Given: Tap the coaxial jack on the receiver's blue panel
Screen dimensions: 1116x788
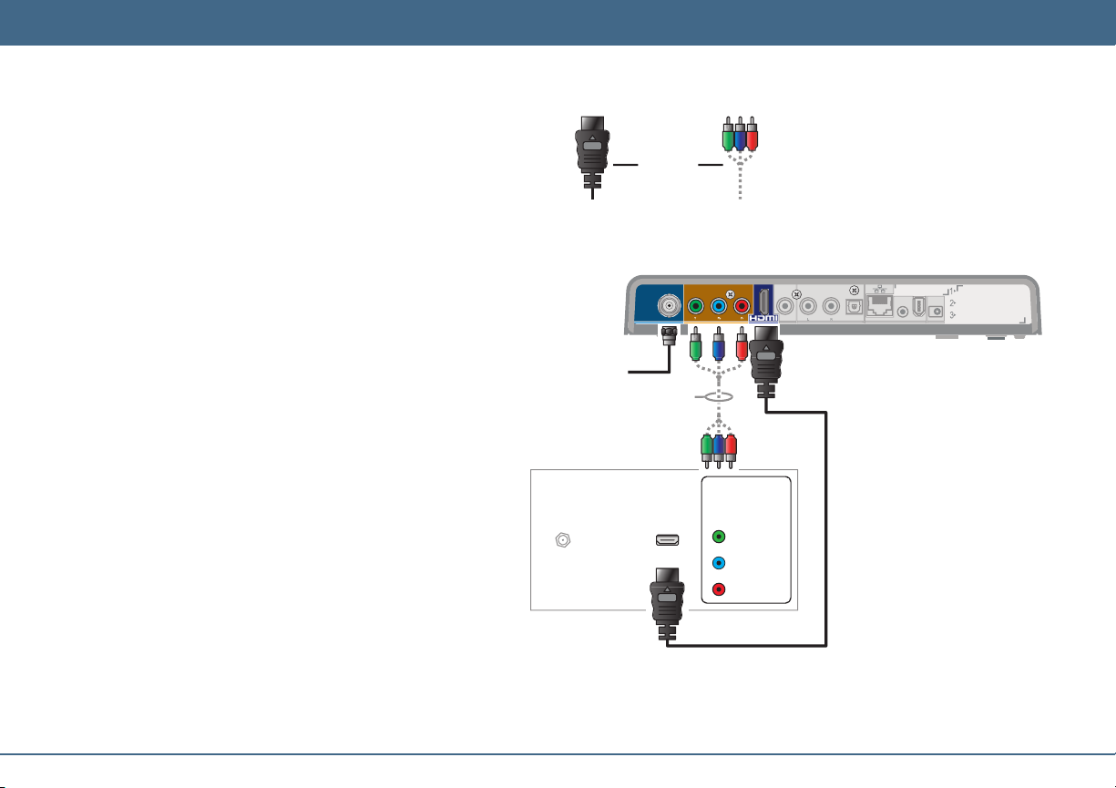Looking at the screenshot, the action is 670,306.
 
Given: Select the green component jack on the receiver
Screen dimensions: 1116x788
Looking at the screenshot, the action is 696,306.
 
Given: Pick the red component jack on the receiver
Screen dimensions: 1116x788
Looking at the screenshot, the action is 742,306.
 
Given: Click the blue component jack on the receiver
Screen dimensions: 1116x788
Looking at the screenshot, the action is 719,306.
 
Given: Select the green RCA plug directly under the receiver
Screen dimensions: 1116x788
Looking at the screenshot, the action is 695,346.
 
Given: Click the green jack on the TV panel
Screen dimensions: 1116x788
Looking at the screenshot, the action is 719,537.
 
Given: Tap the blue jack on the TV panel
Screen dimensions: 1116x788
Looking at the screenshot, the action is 719,563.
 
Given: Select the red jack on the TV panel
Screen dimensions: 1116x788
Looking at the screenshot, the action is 719,589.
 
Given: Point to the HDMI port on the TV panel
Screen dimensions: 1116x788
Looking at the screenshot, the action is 667,539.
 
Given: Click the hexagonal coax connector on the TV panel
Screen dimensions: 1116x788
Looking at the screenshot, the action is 564,539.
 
